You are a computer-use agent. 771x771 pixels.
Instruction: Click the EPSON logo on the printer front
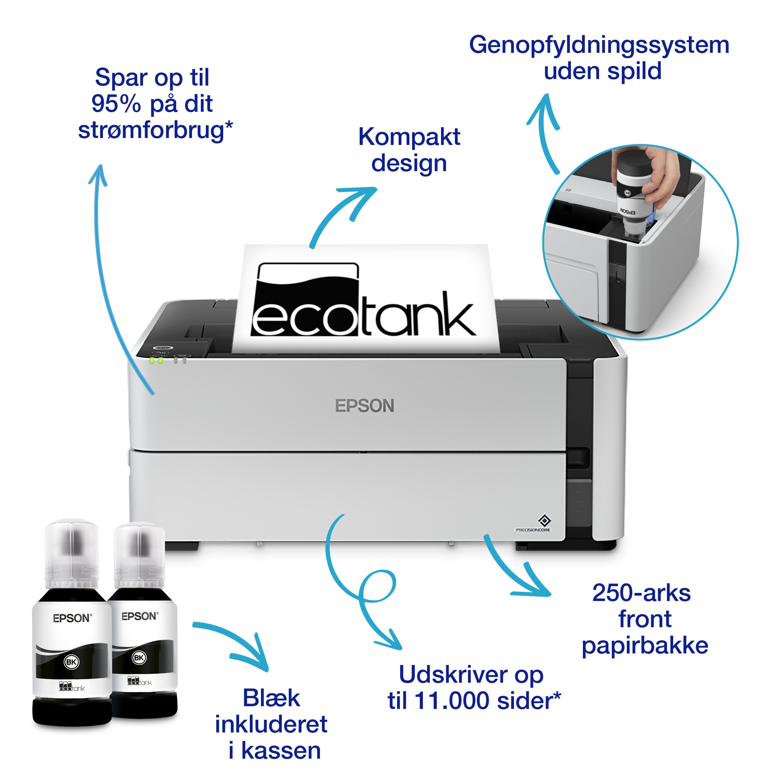click(364, 406)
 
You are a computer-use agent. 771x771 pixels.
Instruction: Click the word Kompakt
click(409, 137)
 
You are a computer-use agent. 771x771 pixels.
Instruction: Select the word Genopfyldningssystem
click(599, 45)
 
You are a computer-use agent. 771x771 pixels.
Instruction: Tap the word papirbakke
click(645, 645)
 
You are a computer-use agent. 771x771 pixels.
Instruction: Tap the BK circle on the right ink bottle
click(139, 658)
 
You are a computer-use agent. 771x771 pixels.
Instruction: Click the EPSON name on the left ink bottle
click(72, 618)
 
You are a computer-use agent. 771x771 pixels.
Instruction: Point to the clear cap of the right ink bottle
click(140, 555)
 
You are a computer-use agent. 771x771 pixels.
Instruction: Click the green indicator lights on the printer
click(156, 361)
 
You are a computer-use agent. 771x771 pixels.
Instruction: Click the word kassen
click(281, 751)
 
